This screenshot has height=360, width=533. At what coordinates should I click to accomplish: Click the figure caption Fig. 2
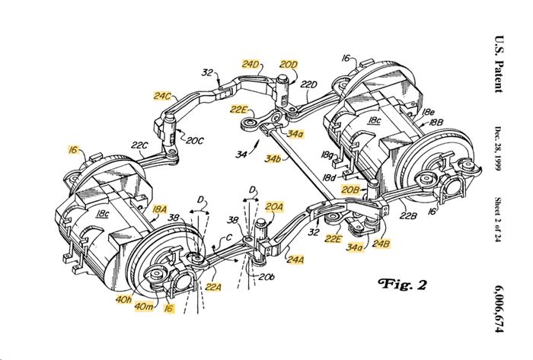(402, 284)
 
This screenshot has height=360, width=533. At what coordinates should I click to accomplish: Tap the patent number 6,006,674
(498, 310)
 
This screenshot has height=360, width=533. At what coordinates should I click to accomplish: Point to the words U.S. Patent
(499, 64)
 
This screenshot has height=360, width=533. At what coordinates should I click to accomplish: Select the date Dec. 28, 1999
(498, 148)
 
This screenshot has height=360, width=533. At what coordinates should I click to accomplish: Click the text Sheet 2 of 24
(498, 219)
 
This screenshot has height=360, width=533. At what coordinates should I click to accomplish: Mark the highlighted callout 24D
(251, 64)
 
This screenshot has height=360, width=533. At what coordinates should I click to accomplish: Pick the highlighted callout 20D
(289, 64)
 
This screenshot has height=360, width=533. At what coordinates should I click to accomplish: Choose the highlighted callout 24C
(162, 96)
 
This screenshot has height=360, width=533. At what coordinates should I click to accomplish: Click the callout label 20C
(194, 140)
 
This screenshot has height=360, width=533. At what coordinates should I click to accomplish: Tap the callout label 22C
(139, 145)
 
